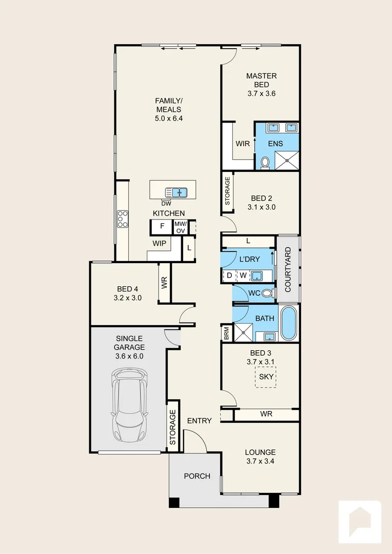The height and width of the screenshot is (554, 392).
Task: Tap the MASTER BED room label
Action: click(261, 85)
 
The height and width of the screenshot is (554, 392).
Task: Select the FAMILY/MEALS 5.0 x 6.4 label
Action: click(169, 109)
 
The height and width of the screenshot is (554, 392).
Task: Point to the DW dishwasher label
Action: click(166, 203)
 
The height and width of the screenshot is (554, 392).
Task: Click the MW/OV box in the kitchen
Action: click(180, 227)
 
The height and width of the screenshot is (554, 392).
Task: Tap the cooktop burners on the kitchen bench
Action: click(122, 219)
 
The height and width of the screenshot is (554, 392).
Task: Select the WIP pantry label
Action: click(159, 244)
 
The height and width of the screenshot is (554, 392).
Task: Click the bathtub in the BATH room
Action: click(288, 324)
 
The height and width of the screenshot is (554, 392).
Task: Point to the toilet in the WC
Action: click(266, 293)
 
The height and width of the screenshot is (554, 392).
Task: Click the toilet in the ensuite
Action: click(265, 162)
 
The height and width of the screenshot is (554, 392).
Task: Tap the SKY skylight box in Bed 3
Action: click(266, 377)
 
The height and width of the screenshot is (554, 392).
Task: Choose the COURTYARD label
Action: click(288, 269)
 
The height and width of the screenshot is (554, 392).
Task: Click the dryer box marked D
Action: click(229, 276)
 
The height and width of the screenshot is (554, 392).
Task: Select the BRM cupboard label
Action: click(226, 333)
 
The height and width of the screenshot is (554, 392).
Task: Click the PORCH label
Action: click(197, 476)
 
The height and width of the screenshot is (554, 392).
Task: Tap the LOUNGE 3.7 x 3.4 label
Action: click(260, 457)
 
